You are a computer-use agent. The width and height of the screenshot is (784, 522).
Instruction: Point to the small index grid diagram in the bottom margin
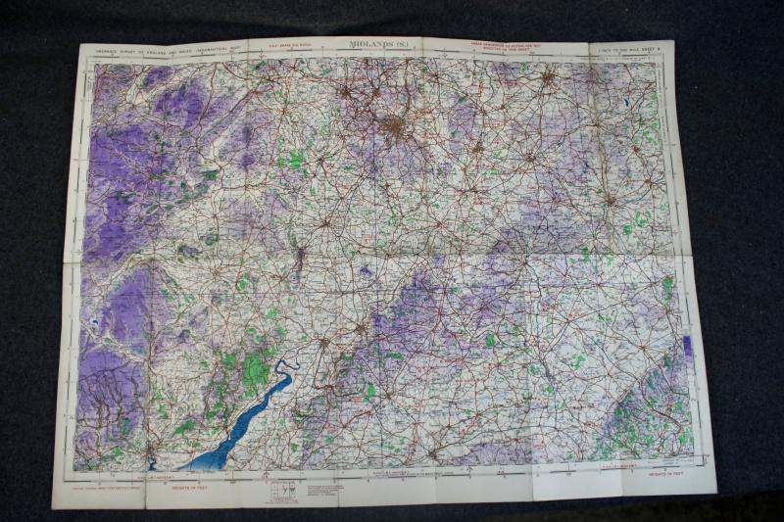coord(283,487)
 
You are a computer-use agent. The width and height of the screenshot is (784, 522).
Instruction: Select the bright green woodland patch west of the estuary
coord(253,370)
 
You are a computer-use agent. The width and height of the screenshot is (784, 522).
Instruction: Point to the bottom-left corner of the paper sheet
coord(53,507)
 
